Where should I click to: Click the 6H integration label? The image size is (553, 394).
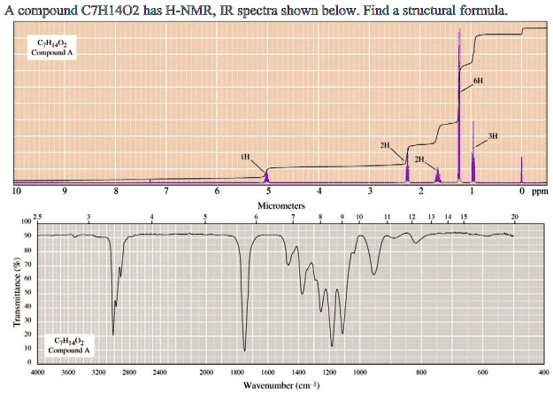coord(478,80)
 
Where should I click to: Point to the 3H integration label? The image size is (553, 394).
coord(493,136)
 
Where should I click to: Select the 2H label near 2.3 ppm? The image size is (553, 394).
coord(385,144)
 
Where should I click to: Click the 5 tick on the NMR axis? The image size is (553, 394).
coord(268,190)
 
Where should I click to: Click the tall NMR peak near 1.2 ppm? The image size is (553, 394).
coord(459,89)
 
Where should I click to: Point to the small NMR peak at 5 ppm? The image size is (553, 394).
coord(267,177)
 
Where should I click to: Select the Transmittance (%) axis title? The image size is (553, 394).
coord(15,292)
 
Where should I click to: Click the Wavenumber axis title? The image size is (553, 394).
coord(289,386)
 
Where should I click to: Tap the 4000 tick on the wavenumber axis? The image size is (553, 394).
coord(37,375)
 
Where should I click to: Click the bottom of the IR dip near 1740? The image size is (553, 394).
coord(245,350)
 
